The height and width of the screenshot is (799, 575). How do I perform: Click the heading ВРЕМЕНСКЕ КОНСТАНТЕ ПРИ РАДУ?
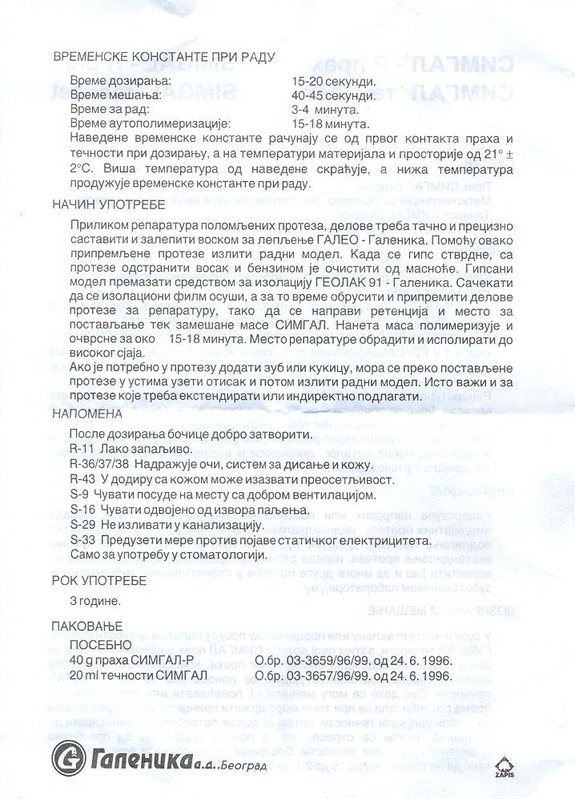click(164, 57)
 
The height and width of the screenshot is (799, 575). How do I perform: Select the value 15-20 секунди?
click(334, 83)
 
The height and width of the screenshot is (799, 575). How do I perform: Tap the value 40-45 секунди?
click(334, 96)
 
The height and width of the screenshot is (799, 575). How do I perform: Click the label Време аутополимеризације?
click(150, 123)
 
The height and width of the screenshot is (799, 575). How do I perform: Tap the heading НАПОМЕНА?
click(88, 414)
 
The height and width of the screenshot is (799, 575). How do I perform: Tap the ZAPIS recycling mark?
click(504, 766)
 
